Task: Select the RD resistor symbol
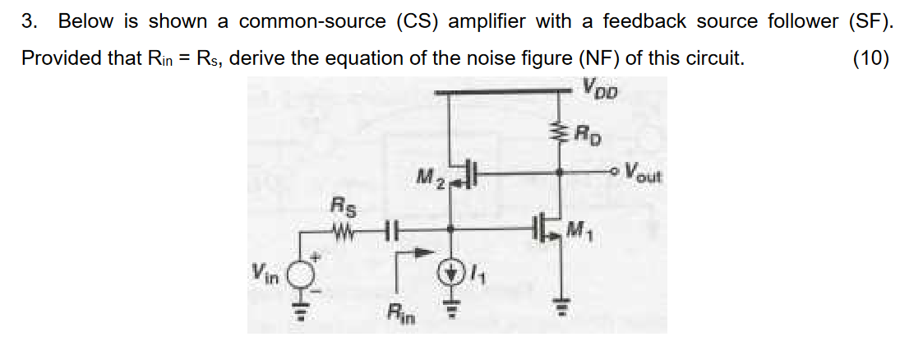561,131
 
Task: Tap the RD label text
587,132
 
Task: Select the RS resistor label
339,202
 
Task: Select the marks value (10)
870,59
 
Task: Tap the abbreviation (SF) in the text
869,22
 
